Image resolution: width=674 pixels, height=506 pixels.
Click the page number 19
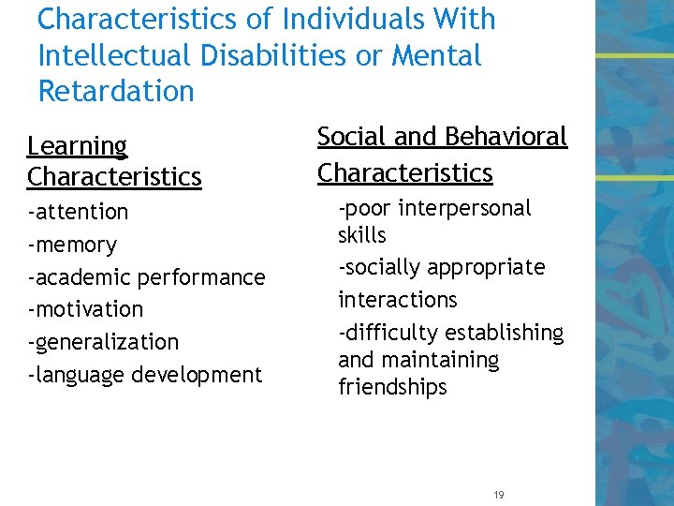click(x=497, y=494)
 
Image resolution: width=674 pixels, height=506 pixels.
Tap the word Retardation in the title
click(x=116, y=91)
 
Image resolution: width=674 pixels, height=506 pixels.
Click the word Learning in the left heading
click(x=77, y=146)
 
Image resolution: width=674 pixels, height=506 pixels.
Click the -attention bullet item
click(x=78, y=212)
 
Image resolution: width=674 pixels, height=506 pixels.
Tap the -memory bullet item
click(x=72, y=246)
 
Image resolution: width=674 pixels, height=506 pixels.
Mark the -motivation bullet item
click(x=85, y=309)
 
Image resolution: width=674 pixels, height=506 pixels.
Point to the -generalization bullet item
click(x=103, y=342)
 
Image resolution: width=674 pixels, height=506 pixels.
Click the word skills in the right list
click(x=361, y=235)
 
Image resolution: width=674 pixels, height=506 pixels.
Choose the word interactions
click(x=397, y=300)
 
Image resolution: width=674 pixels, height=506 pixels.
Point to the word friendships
click(x=392, y=387)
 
